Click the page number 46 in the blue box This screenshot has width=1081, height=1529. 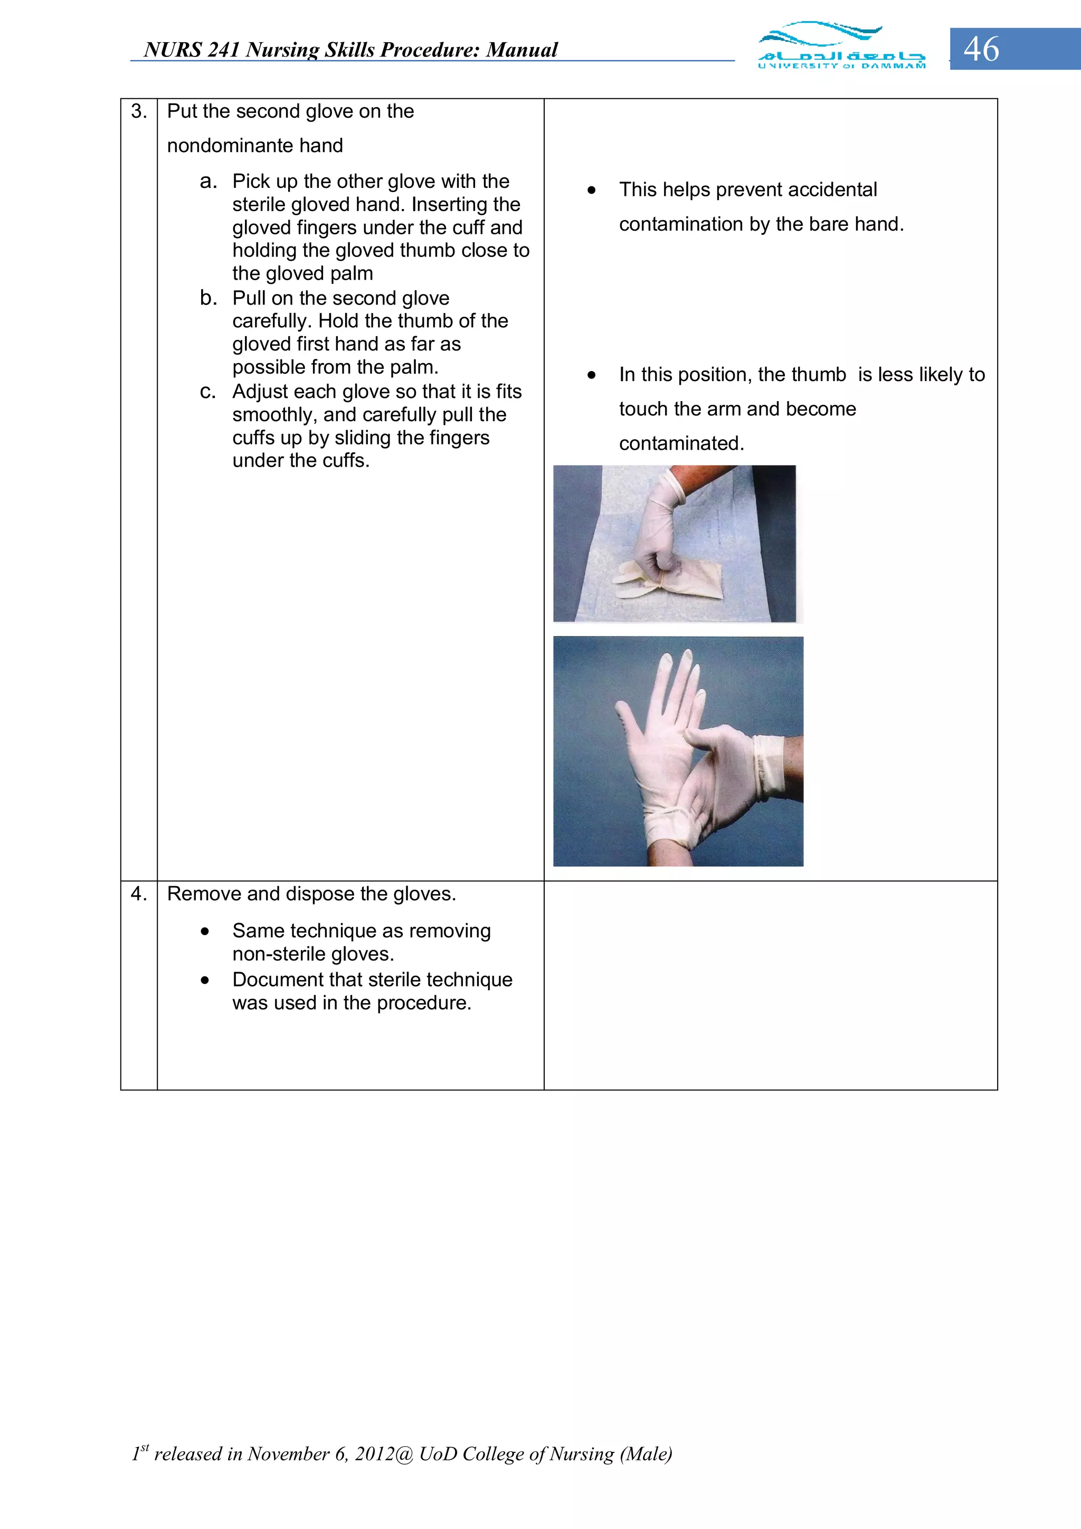pos(981,49)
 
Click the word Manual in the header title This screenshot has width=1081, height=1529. pos(521,50)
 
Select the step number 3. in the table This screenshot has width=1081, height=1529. pos(138,111)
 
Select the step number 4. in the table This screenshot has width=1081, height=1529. pos(138,894)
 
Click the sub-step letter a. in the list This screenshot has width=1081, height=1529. pos(208,181)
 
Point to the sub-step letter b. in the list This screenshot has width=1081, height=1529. pos(208,298)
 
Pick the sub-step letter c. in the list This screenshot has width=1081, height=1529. pos(208,392)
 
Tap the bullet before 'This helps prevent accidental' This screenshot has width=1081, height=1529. pos(592,191)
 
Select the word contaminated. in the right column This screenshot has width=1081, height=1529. pos(681,443)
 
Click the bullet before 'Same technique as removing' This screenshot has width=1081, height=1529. pos(205,932)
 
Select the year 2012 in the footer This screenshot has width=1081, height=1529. pos(374,1454)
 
